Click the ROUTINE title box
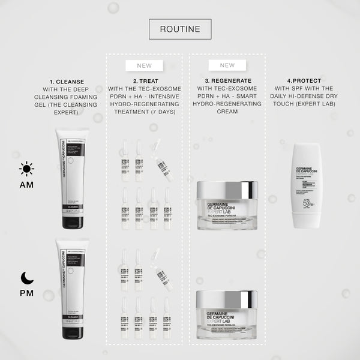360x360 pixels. (x=180, y=28)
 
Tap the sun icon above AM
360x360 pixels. (x=26, y=169)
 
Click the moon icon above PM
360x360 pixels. (x=26, y=277)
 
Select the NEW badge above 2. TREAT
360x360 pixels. (x=145, y=65)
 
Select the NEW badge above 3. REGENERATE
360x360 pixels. (x=227, y=65)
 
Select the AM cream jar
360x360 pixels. (x=227, y=206)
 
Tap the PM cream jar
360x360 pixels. (x=227, y=314)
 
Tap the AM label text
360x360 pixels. (x=26, y=185)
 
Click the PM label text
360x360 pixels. (x=26, y=293)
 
